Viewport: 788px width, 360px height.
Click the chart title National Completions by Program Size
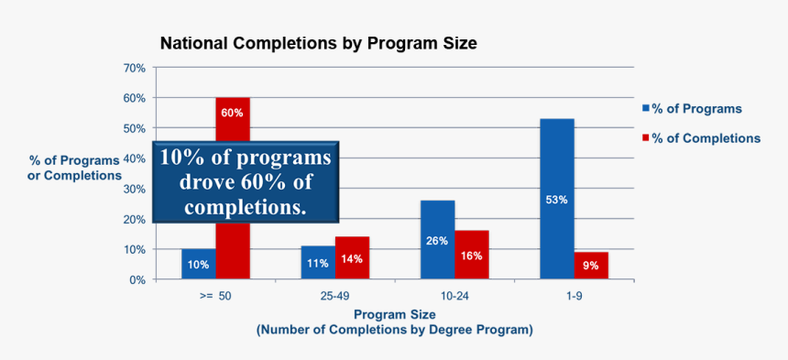pyautogui.click(x=318, y=43)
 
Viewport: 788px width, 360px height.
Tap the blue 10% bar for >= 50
pyautogui.click(x=198, y=263)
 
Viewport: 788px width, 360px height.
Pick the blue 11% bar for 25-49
pyautogui.click(x=317, y=262)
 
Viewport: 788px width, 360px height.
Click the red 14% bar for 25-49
pyautogui.click(x=352, y=257)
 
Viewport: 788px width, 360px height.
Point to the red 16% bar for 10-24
pyautogui.click(x=471, y=255)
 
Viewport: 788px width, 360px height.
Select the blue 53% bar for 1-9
pyautogui.click(x=556, y=199)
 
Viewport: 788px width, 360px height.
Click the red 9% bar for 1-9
pyautogui.click(x=591, y=266)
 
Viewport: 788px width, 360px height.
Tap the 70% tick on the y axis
pyautogui.click(x=134, y=68)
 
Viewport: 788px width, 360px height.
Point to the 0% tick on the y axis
pyautogui.click(x=137, y=279)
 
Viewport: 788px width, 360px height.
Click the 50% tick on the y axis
pyautogui.click(x=134, y=128)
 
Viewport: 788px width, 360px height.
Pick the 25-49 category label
pyautogui.click(x=334, y=297)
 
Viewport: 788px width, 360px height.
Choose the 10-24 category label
pyautogui.click(x=454, y=297)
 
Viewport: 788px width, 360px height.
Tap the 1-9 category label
pyautogui.click(x=574, y=297)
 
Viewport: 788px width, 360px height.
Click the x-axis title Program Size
pyautogui.click(x=394, y=313)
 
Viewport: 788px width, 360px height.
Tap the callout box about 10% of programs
pyautogui.click(x=245, y=181)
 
